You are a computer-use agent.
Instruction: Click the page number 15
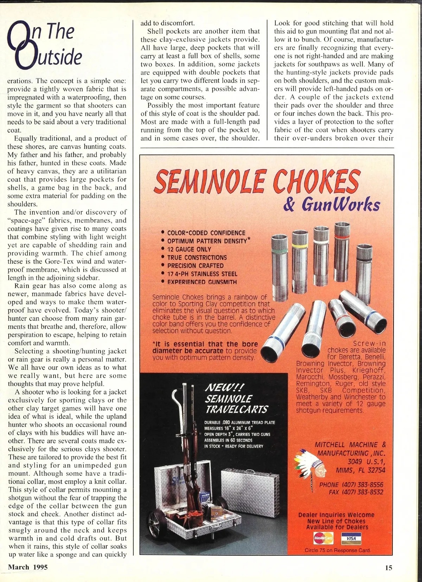point(388,567)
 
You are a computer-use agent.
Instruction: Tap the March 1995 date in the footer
point(28,567)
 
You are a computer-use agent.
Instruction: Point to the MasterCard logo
point(323,538)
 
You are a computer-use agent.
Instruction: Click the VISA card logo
point(351,538)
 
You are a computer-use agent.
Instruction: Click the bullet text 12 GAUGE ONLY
point(189,249)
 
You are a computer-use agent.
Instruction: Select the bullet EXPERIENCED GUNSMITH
point(202,282)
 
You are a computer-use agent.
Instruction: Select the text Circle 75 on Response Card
point(337,550)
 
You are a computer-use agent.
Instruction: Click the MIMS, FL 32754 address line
point(360,470)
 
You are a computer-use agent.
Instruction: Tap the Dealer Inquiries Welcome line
point(336,515)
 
